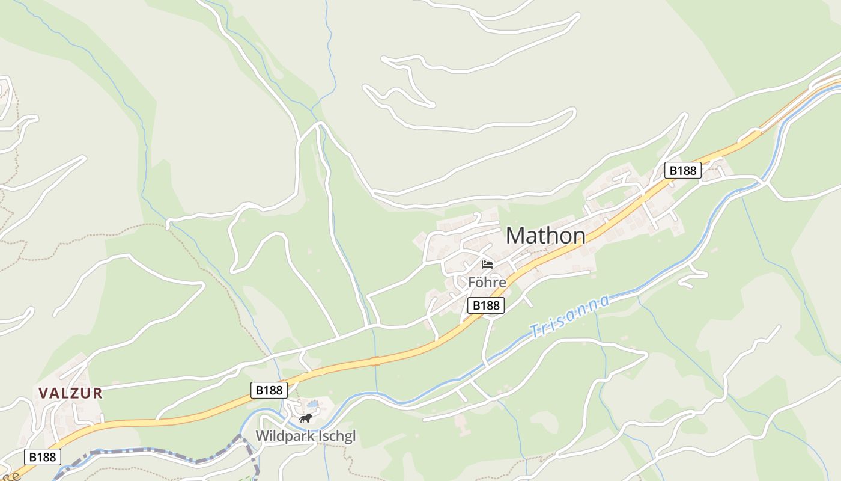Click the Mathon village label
click(545, 235)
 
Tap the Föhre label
click(487, 282)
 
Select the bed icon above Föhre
click(487, 264)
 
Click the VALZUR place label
click(70, 393)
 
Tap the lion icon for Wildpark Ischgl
click(306, 418)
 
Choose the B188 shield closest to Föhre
click(486, 305)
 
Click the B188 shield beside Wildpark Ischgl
click(269, 390)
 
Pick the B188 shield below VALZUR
click(42, 457)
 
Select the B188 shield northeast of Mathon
click(683, 170)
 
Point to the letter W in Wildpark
click(263, 436)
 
